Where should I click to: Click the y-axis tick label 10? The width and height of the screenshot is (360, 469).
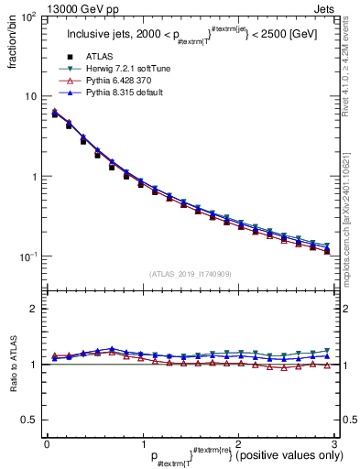pyautogui.click(x=29, y=97)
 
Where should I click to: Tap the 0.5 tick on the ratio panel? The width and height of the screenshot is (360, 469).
pyautogui.click(x=30, y=420)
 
